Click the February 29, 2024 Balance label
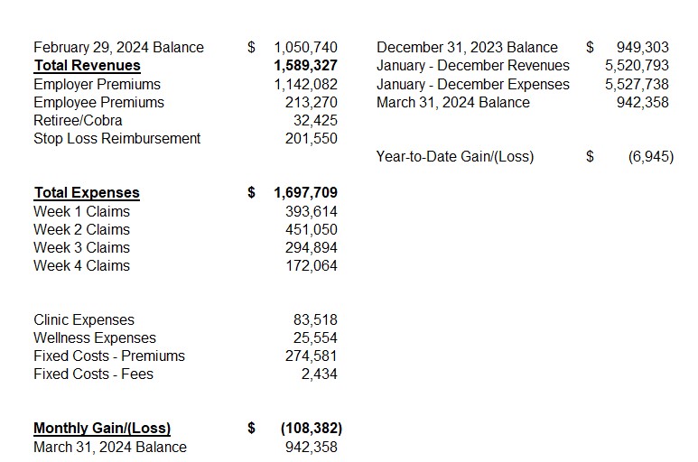[x=118, y=48]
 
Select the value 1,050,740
[x=305, y=48]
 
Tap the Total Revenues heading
[x=87, y=66]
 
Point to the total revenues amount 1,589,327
[x=305, y=66]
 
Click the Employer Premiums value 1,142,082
[x=305, y=84]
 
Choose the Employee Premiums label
[x=98, y=102]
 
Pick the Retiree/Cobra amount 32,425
[x=315, y=120]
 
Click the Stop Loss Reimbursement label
[x=116, y=138]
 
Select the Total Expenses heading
[x=87, y=192]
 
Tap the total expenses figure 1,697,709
[x=305, y=192]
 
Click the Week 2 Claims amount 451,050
[x=311, y=229]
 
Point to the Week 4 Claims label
[x=81, y=265]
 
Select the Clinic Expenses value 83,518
[x=315, y=319]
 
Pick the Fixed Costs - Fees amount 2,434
[x=320, y=374]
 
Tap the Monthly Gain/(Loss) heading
[x=102, y=429]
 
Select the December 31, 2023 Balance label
[x=467, y=48]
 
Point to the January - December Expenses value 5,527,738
[x=637, y=84]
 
